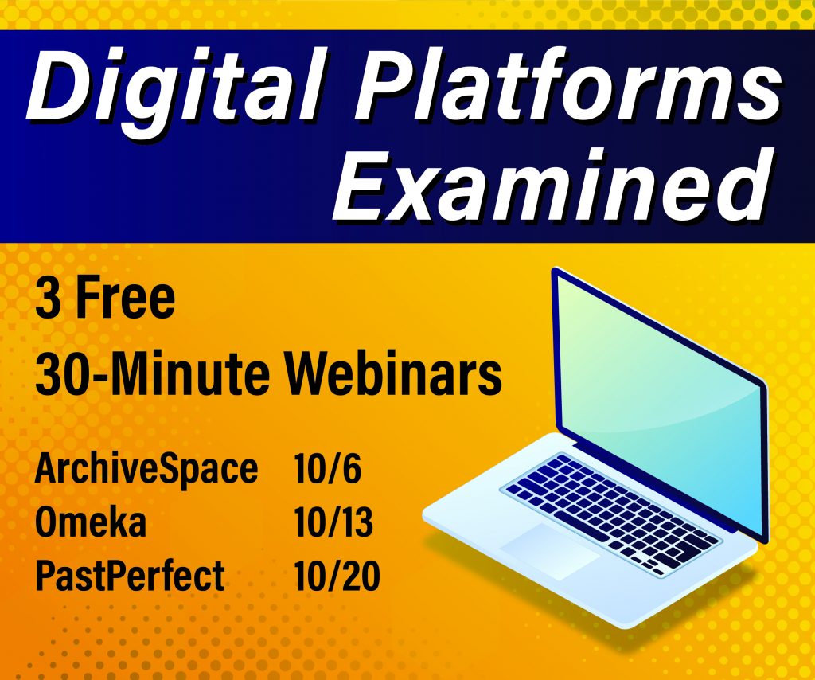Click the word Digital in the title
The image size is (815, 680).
point(176,89)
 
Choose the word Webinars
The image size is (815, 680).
point(393,373)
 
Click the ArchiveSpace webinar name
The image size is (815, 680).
point(146,469)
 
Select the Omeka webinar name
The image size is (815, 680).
point(91,522)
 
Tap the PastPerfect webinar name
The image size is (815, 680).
point(130,576)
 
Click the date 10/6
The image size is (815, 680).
point(327,468)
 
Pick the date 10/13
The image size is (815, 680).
point(333,522)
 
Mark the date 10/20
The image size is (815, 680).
point(337,576)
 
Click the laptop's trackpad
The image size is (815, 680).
point(549,551)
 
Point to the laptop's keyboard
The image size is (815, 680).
point(610,512)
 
